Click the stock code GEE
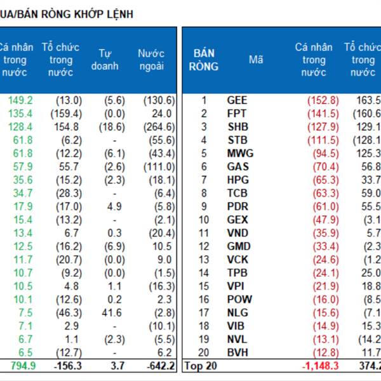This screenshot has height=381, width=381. pyautogui.click(x=237, y=100)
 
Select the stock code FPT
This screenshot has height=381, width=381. pyautogui.click(x=236, y=114)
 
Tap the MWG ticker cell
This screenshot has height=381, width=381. pyautogui.click(x=239, y=153)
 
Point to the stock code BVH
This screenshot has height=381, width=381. pyautogui.click(x=237, y=353)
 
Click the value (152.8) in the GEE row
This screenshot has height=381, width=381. pyautogui.click(x=323, y=100)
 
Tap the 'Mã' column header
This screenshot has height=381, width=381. pyautogui.click(x=256, y=60)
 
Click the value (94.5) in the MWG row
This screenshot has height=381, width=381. pyautogui.click(x=325, y=153)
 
